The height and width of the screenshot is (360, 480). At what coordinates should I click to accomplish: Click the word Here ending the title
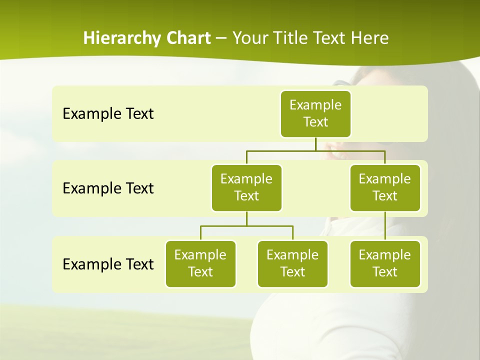point(369,38)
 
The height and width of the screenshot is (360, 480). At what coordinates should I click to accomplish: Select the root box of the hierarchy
point(315,113)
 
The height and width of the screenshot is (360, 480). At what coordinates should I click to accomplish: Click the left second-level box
point(246,187)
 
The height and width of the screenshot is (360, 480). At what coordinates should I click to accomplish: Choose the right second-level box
point(385,187)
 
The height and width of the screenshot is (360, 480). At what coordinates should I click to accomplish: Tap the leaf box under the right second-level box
point(385,263)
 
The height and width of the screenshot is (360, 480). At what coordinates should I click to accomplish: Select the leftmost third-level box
point(200,263)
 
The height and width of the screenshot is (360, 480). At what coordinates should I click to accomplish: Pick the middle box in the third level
point(292,263)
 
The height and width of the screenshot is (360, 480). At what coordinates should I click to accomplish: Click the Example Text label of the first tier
point(108,113)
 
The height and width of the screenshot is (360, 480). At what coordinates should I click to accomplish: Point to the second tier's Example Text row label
point(108,188)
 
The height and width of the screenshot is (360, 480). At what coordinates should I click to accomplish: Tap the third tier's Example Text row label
point(108,264)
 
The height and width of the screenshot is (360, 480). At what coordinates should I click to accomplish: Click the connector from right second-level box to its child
point(385,226)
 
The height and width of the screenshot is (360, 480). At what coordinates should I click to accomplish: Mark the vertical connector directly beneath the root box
point(315,144)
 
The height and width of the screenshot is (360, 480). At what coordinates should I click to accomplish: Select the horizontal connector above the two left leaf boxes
point(246,226)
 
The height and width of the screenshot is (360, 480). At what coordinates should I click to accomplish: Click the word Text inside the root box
point(315,122)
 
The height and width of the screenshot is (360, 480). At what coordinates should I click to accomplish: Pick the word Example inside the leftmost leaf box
point(200,255)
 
